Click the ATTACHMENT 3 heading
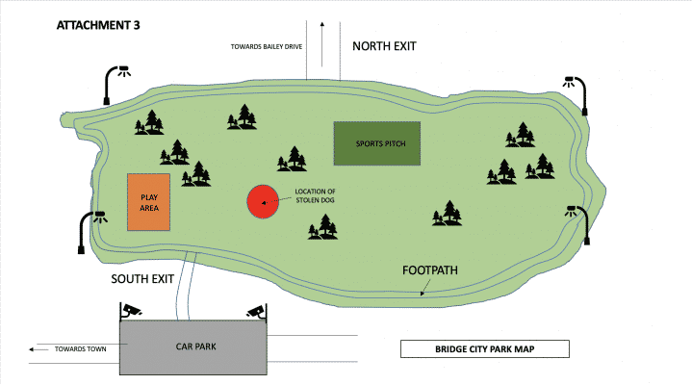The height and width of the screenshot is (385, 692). [x=99, y=25]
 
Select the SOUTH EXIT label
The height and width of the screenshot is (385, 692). [x=141, y=279]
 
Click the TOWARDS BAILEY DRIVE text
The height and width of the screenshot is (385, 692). [x=265, y=47]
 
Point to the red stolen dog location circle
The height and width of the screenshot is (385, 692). [x=262, y=201]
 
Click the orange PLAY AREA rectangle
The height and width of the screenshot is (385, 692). [x=149, y=202]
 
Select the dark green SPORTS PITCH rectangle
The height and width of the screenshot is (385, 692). [x=376, y=143]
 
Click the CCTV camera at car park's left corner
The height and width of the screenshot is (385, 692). [x=131, y=310]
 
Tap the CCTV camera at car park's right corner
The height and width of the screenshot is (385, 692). [x=255, y=310]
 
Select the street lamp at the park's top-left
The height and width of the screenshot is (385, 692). [x=115, y=82]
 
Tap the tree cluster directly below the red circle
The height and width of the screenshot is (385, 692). [x=323, y=227]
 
